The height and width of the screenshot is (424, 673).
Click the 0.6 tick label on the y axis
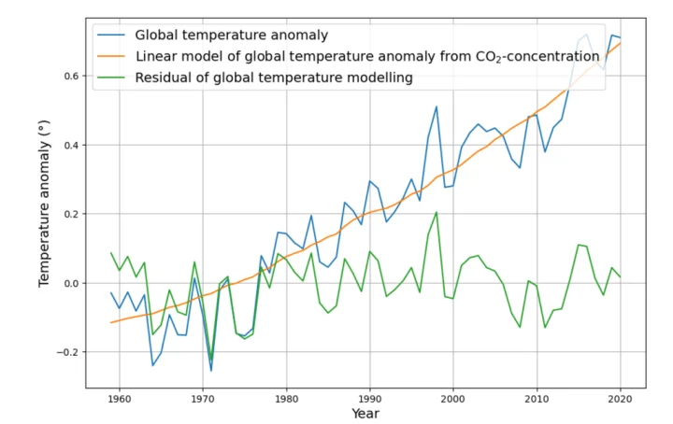(x=69, y=76)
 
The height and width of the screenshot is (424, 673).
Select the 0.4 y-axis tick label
(x=69, y=145)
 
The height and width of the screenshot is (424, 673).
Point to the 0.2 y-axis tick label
(x=69, y=214)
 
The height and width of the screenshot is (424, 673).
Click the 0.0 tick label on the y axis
(x=69, y=283)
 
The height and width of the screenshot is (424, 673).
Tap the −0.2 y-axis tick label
(x=65, y=352)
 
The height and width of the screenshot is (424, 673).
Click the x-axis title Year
(x=365, y=414)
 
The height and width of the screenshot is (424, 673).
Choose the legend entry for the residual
(x=274, y=78)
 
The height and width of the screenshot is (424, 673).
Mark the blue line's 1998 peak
(x=437, y=106)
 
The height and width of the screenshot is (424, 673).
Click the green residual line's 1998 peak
(x=437, y=212)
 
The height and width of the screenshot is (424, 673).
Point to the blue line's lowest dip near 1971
(x=211, y=371)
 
